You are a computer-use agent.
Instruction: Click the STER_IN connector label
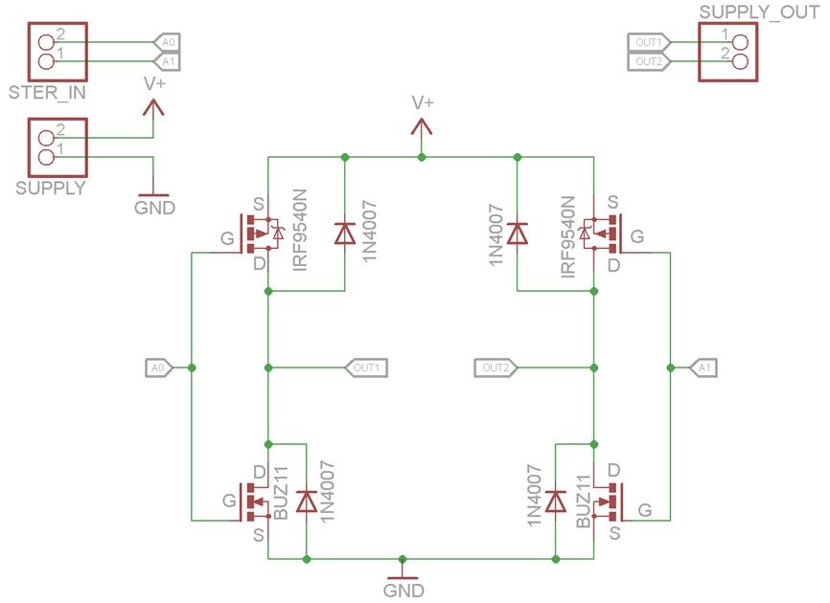pos(47,93)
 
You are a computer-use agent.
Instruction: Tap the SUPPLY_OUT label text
pos(760,12)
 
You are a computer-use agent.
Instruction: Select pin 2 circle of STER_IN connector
pos(47,42)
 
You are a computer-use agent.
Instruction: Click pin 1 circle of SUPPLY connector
pos(47,157)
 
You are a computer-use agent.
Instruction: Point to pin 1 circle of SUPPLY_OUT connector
pos(740,42)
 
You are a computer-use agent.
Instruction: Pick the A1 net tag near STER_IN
pos(167,62)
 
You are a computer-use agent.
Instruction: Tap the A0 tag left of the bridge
pos(159,368)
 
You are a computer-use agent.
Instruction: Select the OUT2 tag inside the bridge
pos(496,368)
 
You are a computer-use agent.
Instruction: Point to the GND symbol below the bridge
pos(403,573)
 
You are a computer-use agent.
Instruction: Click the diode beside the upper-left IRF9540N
pos(345,234)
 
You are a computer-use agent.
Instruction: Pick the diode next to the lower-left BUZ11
pos(307,502)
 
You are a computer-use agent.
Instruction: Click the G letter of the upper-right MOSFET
pos(637,236)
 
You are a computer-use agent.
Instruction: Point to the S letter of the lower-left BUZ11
pos(259,535)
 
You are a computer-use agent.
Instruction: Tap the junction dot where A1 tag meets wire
pos(671,368)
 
